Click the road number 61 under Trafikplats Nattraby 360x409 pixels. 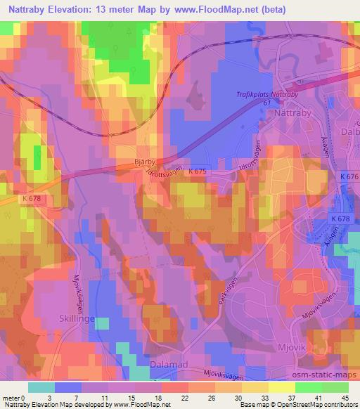pos(267,103)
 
